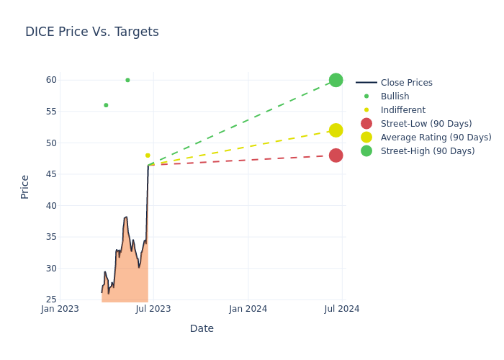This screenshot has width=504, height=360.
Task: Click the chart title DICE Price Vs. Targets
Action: coord(92,32)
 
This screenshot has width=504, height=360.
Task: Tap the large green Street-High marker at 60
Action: coord(336,80)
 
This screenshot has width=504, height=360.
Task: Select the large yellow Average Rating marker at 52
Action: coord(336,130)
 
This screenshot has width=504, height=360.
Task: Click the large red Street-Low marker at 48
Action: coord(336,156)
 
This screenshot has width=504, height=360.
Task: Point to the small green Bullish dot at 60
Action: coord(127,80)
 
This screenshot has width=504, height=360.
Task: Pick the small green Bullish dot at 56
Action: coord(106,105)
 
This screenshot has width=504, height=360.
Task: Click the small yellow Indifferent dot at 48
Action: coord(148,156)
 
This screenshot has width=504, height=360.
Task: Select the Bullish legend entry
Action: coord(395,96)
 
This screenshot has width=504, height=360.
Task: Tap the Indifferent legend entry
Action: coord(402,110)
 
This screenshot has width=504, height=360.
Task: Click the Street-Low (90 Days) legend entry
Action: coord(426,124)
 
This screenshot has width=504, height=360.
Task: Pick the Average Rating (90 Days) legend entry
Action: coord(436,138)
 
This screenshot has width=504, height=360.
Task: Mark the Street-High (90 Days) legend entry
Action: coord(427,151)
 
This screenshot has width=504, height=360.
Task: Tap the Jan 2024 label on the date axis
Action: coord(248,309)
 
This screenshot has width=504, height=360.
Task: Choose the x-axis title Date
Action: coord(202,328)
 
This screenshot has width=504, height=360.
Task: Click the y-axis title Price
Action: coord(25,186)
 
